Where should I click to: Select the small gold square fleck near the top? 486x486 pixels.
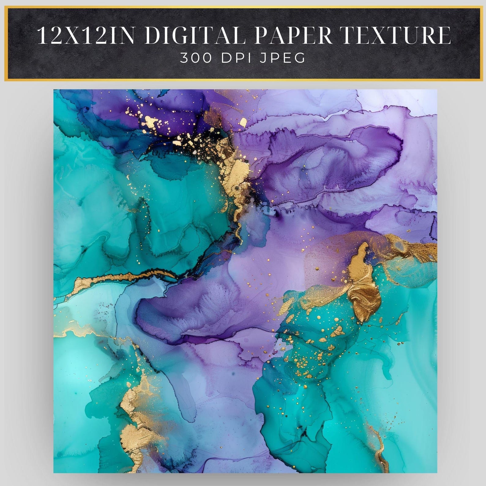(x=243, y=122)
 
